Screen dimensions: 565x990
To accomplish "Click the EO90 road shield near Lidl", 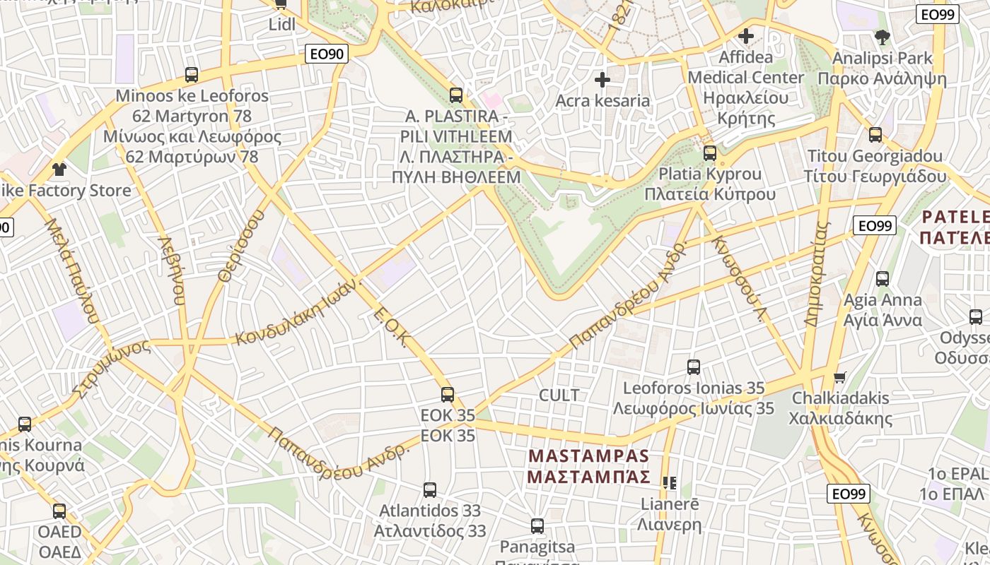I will tap(327, 54).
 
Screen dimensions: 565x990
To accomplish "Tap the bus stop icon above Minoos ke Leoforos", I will tap(192, 75).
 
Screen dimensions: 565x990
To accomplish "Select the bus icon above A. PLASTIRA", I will tap(456, 95).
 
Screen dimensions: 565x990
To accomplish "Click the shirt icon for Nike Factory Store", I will tap(59, 170).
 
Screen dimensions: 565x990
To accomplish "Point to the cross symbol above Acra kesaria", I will tap(602, 80).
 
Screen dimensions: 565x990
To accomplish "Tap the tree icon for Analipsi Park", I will tap(882, 37).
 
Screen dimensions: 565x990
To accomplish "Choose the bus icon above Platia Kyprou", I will tap(710, 153).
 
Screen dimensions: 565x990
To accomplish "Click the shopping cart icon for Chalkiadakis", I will tap(839, 377).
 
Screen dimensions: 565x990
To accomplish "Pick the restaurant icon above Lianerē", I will tap(670, 483).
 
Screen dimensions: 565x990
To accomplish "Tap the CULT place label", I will tap(559, 395).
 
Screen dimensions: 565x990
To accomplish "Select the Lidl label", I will tap(281, 25).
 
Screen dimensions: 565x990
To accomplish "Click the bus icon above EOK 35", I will tap(448, 395).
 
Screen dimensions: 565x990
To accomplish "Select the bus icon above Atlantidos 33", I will tap(429, 490).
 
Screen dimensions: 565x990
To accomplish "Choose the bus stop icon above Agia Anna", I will tap(883, 279).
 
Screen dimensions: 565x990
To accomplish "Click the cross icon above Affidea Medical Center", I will tap(746, 36).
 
